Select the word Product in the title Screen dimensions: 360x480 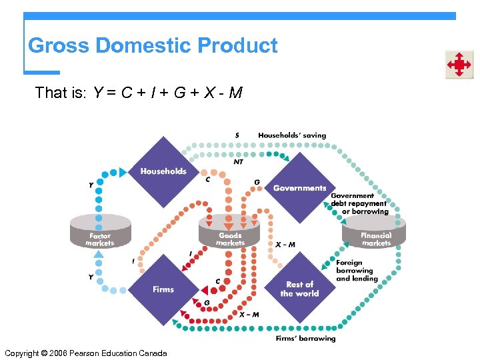pyautogui.click(x=237, y=46)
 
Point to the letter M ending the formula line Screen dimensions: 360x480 pyautogui.click(x=235, y=93)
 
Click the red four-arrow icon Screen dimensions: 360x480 pyautogui.click(x=459, y=65)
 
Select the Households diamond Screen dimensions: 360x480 pyautogui.click(x=163, y=171)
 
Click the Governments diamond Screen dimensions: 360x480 pyautogui.click(x=299, y=187)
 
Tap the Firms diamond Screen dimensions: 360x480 pyautogui.click(x=163, y=289)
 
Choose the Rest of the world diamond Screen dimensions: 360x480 pyautogui.click(x=299, y=289)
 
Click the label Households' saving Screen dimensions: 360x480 pyautogui.click(x=292, y=135)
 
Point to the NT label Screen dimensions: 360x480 pyautogui.click(x=238, y=161)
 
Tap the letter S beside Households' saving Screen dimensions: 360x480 pyautogui.click(x=237, y=135)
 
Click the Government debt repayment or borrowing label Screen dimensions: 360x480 pyautogui.click(x=359, y=204)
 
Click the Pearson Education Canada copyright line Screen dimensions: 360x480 pyautogui.click(x=85, y=353)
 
